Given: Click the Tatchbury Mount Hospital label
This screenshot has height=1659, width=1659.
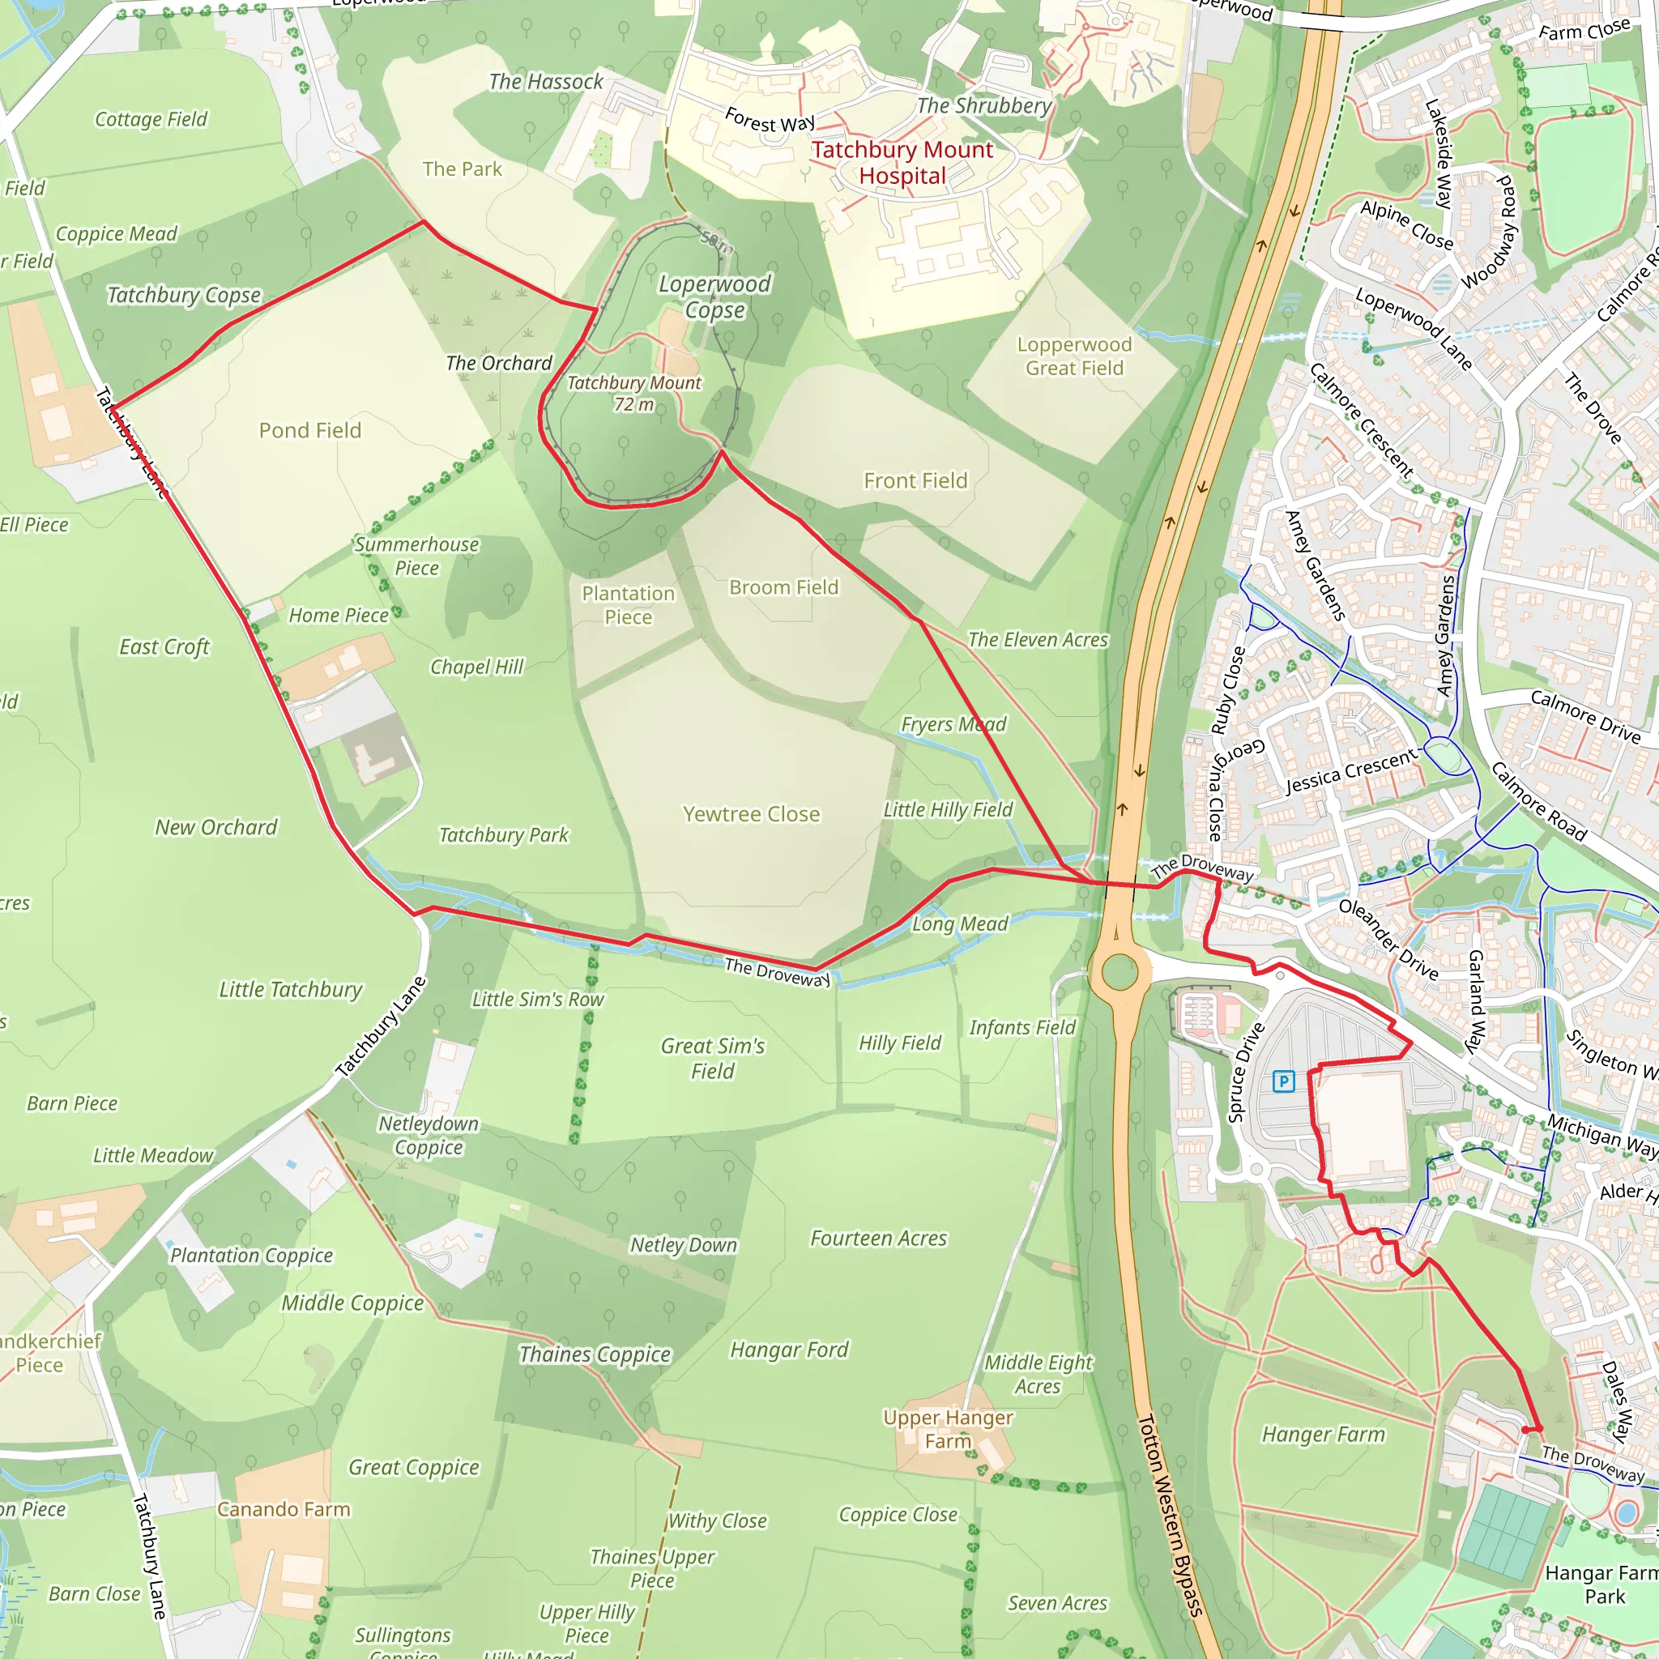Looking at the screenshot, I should [902, 162].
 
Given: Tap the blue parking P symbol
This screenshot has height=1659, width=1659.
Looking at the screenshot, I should [1283, 1081].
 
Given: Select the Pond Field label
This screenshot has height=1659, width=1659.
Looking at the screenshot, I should [310, 430].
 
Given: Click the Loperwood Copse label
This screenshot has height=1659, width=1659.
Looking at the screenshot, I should [714, 296].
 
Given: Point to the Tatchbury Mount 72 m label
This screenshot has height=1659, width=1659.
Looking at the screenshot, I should [633, 393].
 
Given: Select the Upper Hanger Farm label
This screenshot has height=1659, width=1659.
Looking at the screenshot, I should [948, 1429].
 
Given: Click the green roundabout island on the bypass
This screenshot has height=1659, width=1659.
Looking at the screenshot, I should [1119, 973].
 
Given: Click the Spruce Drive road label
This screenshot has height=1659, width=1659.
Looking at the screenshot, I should [1246, 1073].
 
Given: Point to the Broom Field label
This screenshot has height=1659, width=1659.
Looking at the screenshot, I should [783, 587].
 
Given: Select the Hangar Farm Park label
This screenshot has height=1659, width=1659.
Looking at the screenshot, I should [1602, 1584].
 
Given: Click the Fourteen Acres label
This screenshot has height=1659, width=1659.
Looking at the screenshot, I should [878, 1239].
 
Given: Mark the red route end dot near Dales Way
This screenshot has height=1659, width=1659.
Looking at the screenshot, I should [1526, 1430].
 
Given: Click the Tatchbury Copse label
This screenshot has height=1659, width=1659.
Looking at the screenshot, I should [184, 296].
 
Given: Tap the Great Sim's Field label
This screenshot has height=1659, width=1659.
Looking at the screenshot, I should [713, 1058].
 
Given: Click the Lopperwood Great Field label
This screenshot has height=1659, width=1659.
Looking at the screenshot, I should [1074, 356].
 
